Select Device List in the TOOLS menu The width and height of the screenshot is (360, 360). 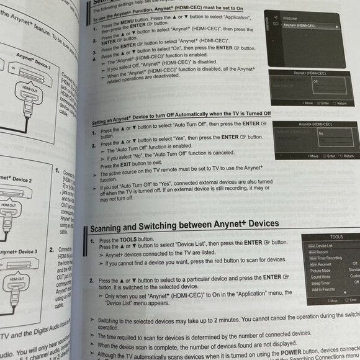click(323, 246)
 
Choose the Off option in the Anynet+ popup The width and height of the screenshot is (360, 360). click(316, 81)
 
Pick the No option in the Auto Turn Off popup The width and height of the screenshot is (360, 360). click(320, 132)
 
